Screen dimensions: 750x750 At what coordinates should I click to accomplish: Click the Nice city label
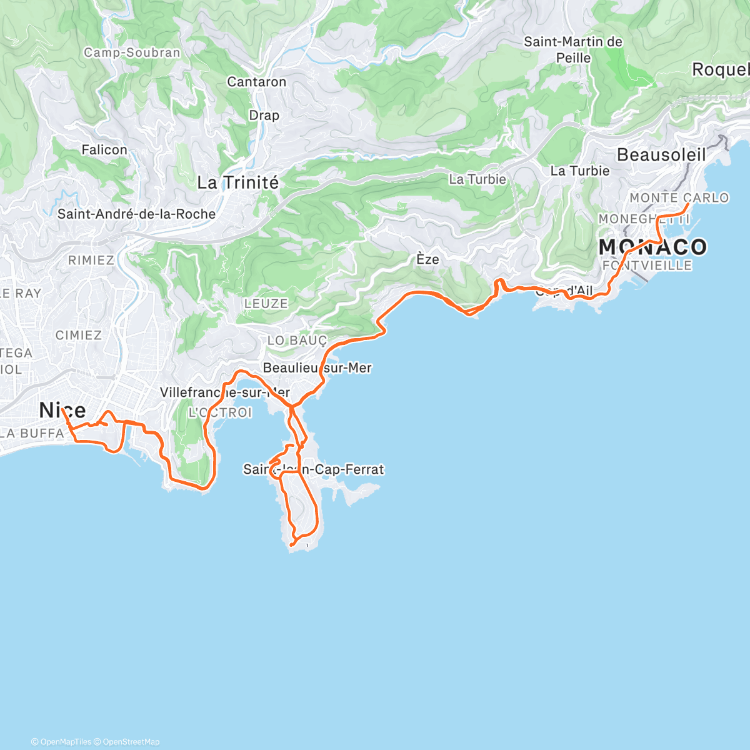[x=62, y=411]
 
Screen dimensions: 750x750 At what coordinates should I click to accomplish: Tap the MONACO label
[x=652, y=247]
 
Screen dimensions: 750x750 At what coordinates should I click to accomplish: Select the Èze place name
[x=427, y=259]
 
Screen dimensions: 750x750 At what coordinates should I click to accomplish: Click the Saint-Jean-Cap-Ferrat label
[x=313, y=469]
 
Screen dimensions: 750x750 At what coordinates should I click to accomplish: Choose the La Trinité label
[x=237, y=182]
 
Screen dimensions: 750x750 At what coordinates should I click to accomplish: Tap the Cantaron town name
[x=256, y=82]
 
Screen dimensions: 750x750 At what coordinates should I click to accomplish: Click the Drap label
[x=264, y=116]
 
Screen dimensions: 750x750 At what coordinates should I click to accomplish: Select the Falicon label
[x=104, y=150]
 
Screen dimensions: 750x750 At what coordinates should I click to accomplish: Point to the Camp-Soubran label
[x=132, y=52]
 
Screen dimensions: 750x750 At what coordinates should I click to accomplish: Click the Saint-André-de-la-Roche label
[x=136, y=214]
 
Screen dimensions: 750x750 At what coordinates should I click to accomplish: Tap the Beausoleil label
[x=661, y=155]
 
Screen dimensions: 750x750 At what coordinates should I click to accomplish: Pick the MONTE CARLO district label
[x=679, y=198]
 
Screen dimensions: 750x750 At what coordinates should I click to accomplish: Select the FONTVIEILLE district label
[x=647, y=266]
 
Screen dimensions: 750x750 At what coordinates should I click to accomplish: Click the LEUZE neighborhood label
[x=266, y=304]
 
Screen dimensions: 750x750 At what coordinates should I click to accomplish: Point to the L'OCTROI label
[x=220, y=412]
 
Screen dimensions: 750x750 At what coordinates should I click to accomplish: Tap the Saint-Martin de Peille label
[x=573, y=50]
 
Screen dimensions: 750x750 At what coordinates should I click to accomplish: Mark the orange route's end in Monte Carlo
[x=688, y=204]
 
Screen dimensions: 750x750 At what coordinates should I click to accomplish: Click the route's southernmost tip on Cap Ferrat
[x=291, y=546]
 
